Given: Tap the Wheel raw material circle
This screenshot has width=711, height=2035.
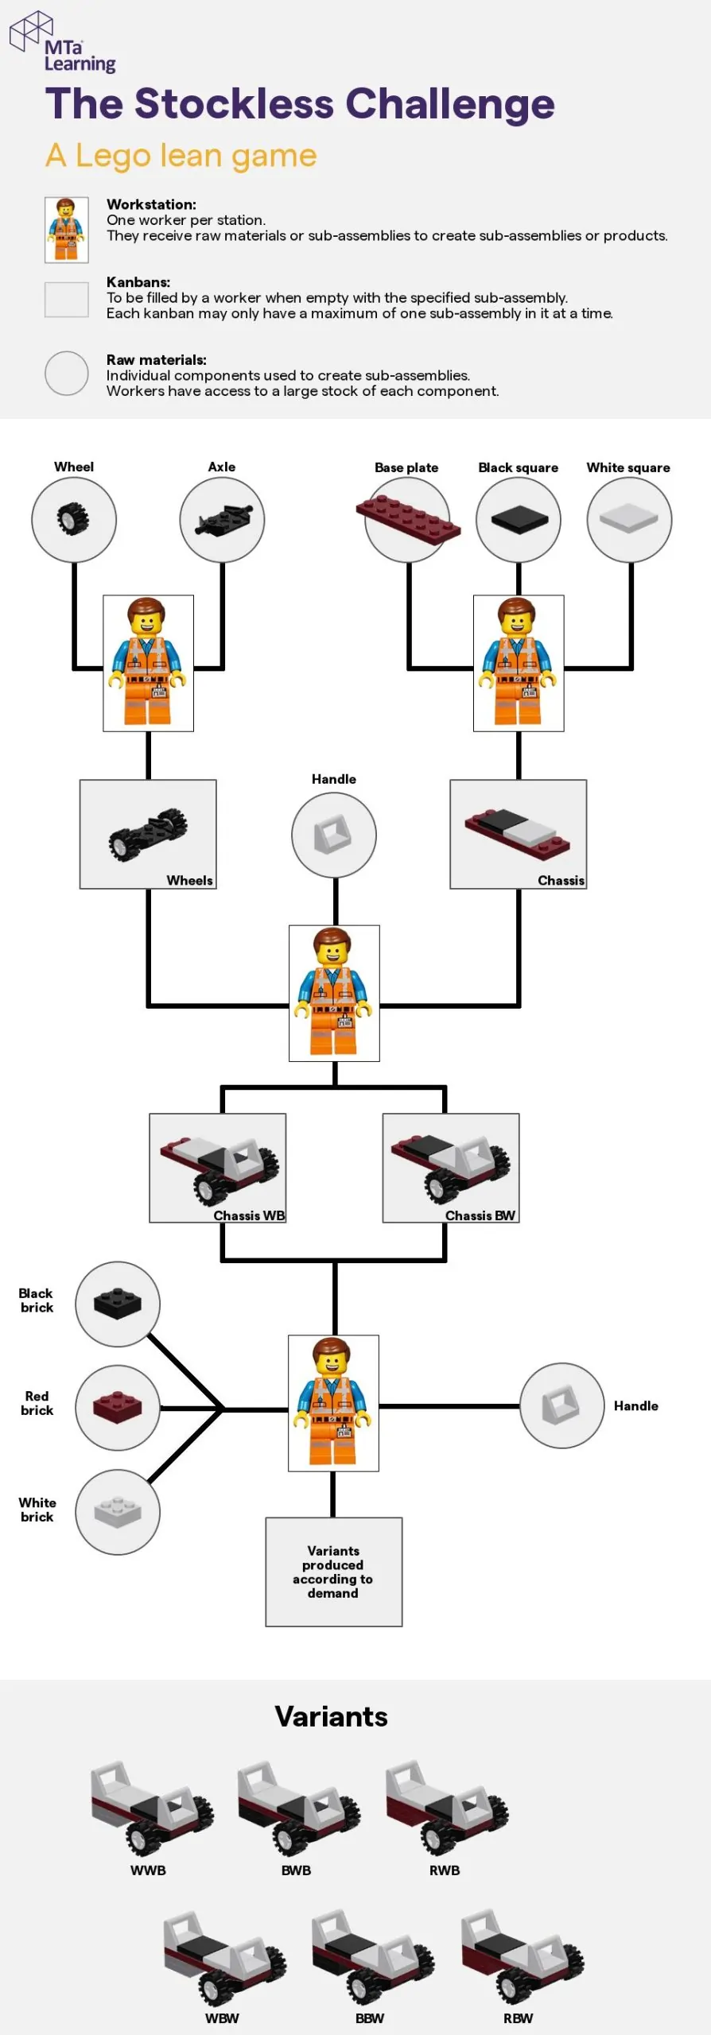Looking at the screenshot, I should coord(74,520).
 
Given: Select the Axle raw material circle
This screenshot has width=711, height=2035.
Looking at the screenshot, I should coord(222,520).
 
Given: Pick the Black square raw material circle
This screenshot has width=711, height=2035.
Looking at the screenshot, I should coord(519,520).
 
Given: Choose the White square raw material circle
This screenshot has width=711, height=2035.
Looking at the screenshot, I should coord(629,520).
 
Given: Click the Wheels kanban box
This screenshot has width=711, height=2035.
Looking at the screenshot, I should coord(148,833).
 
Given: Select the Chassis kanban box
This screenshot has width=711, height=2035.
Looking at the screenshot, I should coord(519,833).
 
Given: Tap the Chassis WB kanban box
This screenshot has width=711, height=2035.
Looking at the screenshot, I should coord(218,1167).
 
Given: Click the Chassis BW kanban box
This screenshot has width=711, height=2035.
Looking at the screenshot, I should coord(451,1167).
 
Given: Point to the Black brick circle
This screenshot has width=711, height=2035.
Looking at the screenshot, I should coord(118,1304).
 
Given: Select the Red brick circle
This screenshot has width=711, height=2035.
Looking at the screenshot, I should coord(118,1408).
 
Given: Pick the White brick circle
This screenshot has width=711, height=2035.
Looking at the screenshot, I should coord(118,1511).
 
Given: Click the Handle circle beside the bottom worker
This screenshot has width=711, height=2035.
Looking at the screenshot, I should coord(562,1405).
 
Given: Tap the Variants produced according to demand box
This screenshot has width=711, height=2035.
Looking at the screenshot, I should coord(333,1572).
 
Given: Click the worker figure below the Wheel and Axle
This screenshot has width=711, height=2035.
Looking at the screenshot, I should coord(148,662).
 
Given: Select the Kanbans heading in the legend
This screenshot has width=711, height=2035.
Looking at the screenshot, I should coord(138,282).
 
